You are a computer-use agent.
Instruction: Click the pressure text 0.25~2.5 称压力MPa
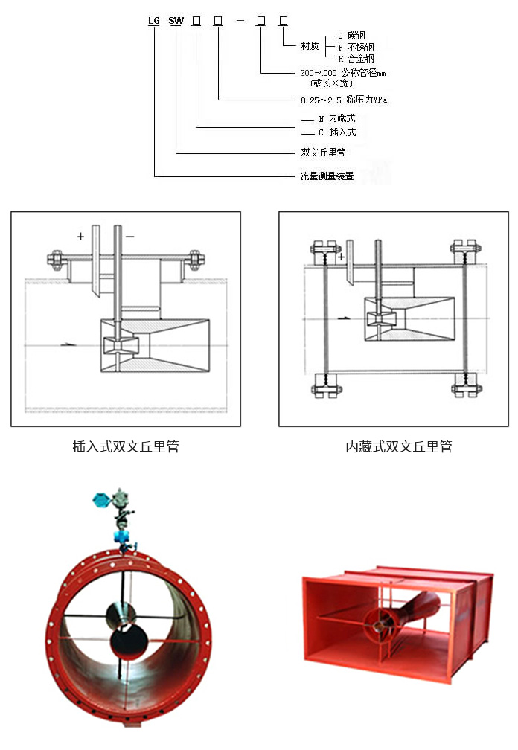(x=343, y=99)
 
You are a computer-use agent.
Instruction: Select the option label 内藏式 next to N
(x=343, y=119)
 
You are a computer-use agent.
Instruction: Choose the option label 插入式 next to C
(x=343, y=132)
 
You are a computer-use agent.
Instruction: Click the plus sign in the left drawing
(x=80, y=237)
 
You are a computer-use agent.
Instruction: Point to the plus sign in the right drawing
(x=341, y=257)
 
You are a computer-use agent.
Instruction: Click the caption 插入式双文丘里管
(x=125, y=447)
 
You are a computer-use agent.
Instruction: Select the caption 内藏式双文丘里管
(x=399, y=447)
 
